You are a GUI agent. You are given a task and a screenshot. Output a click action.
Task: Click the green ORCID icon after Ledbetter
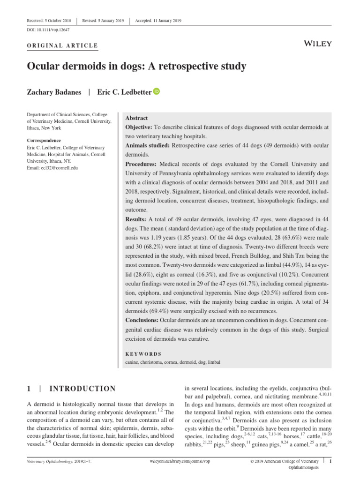pos(157,91)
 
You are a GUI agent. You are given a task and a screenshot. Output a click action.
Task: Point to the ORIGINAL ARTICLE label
pos(62,45)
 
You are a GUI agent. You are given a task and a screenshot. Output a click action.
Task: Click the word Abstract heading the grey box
pos(136,119)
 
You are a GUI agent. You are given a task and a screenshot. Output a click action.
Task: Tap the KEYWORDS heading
pos(143,354)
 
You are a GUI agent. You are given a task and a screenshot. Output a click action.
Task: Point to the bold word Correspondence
pos(44,141)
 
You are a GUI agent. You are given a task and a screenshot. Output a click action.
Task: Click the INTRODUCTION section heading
pos(82,389)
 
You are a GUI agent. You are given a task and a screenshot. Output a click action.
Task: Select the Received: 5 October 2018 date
pos(48,21)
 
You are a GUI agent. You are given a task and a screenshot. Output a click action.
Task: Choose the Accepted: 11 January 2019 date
pos(158,21)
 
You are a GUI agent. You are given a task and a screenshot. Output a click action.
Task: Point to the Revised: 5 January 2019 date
pos(104,21)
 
